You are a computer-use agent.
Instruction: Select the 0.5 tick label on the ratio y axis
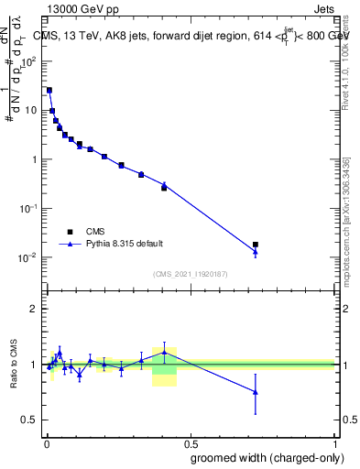point(31,420)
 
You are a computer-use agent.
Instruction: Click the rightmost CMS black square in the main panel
point(255,245)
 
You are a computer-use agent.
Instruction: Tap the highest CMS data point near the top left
point(49,91)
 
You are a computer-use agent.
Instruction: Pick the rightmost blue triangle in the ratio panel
point(255,392)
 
